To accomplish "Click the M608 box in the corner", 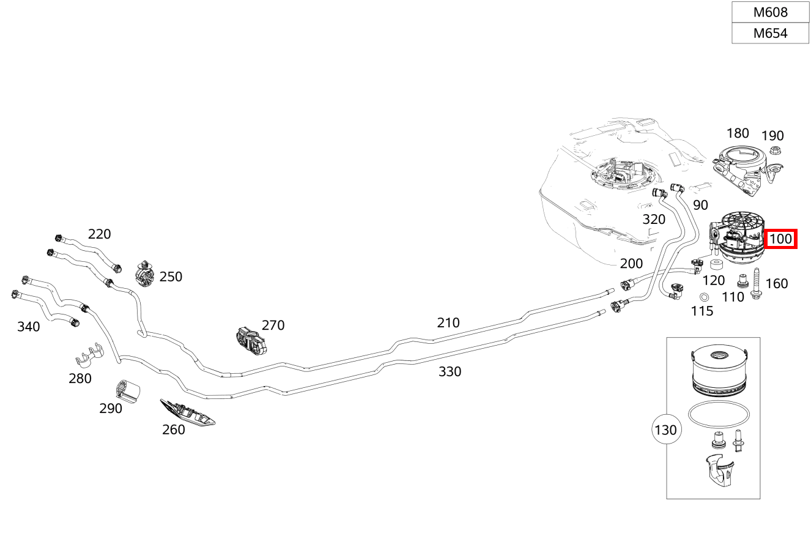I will [x=770, y=12].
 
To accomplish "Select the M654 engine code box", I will [x=770, y=33].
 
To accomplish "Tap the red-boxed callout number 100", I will [x=780, y=239].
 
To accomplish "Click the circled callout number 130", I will [x=665, y=430].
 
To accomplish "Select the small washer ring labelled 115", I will [x=704, y=297].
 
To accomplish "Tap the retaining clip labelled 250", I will [x=146, y=273].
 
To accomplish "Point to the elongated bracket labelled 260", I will [x=187, y=413].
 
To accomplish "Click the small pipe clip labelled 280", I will [x=91, y=357].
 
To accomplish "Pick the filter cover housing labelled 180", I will [x=738, y=165].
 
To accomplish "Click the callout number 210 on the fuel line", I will [x=448, y=322].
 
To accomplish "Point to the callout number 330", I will [x=450, y=371].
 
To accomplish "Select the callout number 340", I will [x=28, y=327].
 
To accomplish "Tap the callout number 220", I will [x=99, y=234].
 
